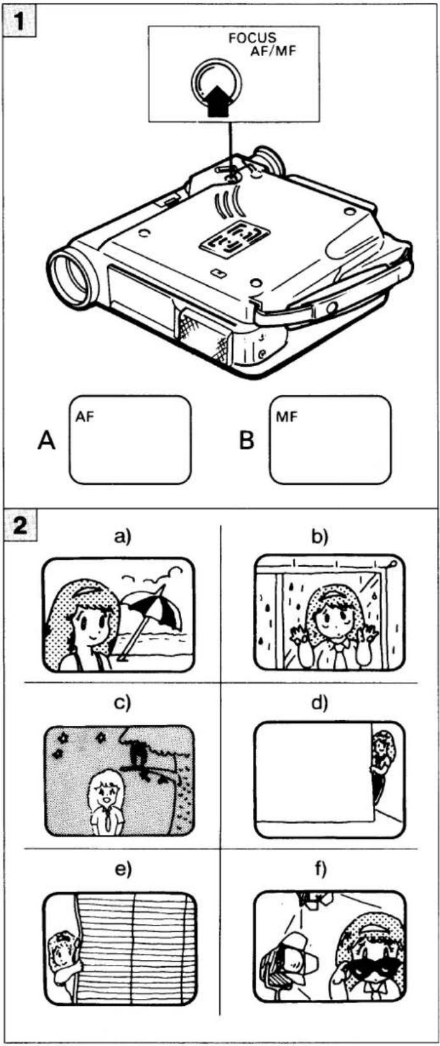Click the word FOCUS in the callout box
tap(253, 38)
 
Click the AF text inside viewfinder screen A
tap(85, 417)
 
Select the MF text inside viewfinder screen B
tap(286, 417)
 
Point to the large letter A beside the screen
tap(47, 440)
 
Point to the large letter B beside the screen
tap(247, 440)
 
